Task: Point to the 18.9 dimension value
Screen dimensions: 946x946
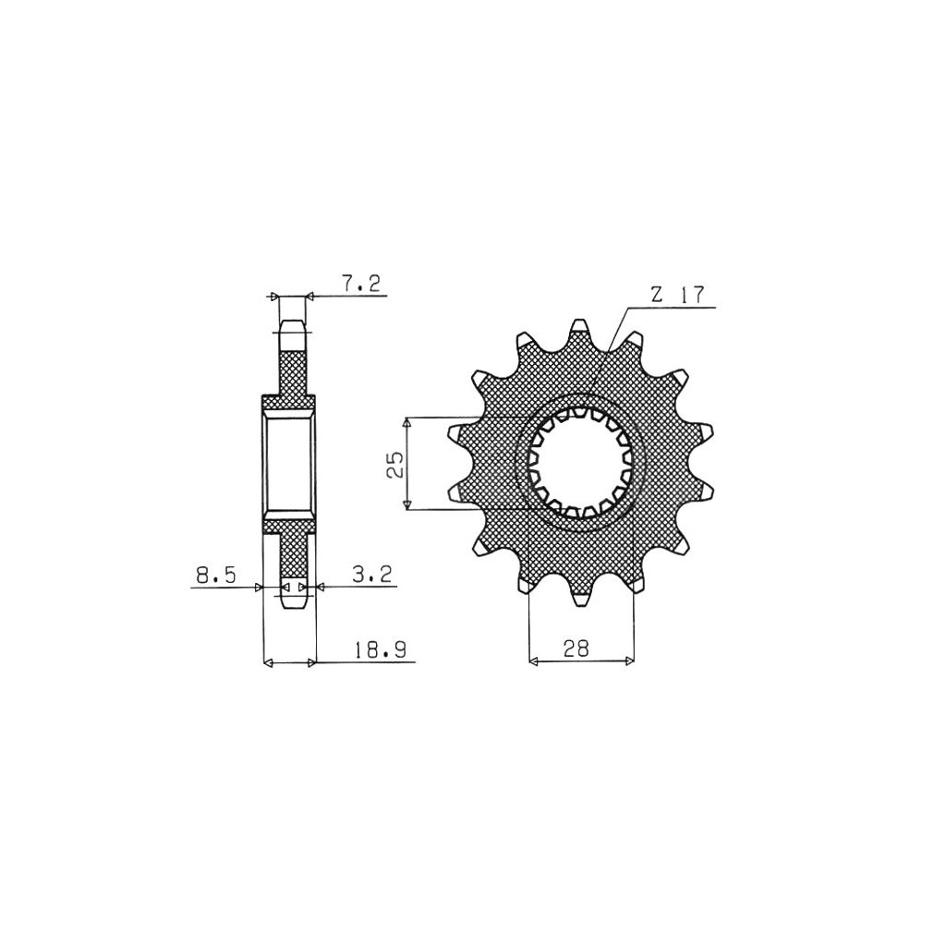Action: [380, 649]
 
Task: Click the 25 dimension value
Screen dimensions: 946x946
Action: [396, 464]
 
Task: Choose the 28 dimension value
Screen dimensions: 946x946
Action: [576, 649]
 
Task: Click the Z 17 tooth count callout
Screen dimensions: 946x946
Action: [677, 296]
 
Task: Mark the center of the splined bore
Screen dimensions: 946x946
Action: [580, 463]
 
